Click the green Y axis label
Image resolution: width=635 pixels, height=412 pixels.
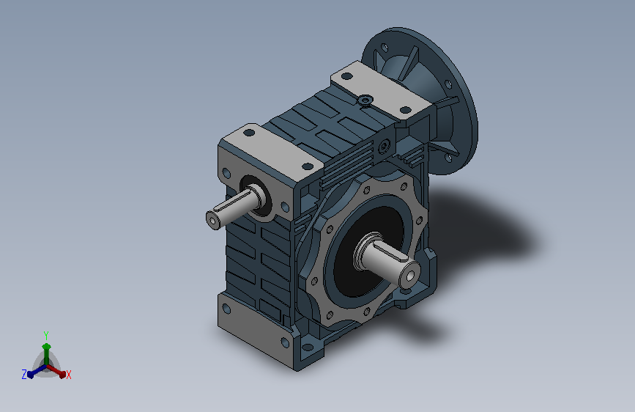point(45,335)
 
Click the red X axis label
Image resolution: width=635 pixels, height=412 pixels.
point(68,375)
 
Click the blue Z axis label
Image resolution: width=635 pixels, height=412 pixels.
point(24,375)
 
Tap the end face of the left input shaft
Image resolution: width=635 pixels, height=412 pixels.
point(212,220)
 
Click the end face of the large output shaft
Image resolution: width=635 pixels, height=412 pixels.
point(410,276)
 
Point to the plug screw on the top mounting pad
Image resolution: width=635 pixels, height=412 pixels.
point(365,100)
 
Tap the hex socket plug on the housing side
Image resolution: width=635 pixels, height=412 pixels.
point(384,146)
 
